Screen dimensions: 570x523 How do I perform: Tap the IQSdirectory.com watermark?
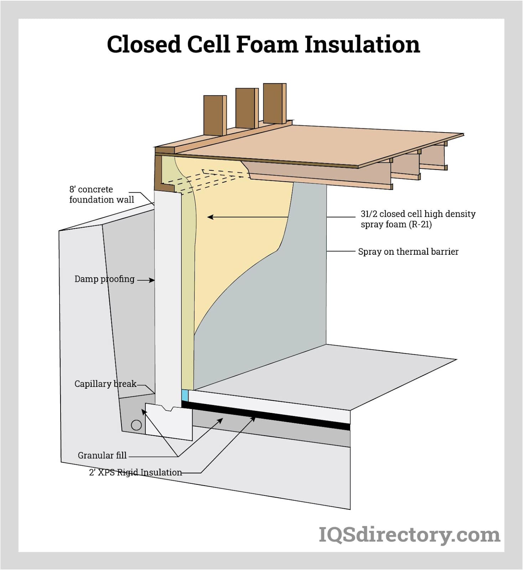point(409,535)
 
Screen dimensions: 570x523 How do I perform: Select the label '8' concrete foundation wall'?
point(101,195)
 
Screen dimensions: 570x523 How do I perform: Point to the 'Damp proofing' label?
point(104,279)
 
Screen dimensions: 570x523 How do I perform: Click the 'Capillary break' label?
point(105,384)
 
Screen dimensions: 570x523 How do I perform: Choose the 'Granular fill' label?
point(102,455)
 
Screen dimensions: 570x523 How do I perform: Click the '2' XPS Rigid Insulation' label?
point(135,472)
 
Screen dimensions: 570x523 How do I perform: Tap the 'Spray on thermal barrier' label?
point(408,252)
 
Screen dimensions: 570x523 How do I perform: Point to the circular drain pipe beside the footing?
point(136,425)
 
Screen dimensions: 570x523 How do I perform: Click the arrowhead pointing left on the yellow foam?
point(210,217)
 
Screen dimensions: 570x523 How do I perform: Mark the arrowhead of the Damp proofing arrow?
point(152,280)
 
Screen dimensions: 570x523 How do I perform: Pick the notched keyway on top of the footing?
point(167,408)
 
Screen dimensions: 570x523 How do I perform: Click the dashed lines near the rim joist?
point(207,180)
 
